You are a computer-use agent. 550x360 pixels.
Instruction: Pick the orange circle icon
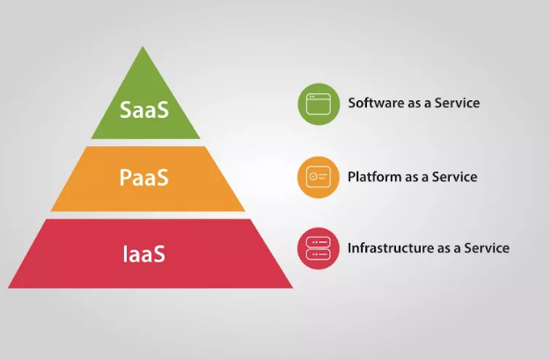[x=319, y=178]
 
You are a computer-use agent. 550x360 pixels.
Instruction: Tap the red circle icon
[x=319, y=248]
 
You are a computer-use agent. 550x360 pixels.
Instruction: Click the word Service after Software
[x=458, y=102]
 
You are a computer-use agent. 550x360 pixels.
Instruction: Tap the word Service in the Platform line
[x=455, y=176]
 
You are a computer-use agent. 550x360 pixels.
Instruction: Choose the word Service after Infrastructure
[x=487, y=247]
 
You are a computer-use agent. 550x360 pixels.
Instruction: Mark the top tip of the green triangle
[x=145, y=48]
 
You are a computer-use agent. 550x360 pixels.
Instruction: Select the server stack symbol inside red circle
[x=319, y=248]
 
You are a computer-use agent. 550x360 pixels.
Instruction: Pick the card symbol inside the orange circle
[x=319, y=178]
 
